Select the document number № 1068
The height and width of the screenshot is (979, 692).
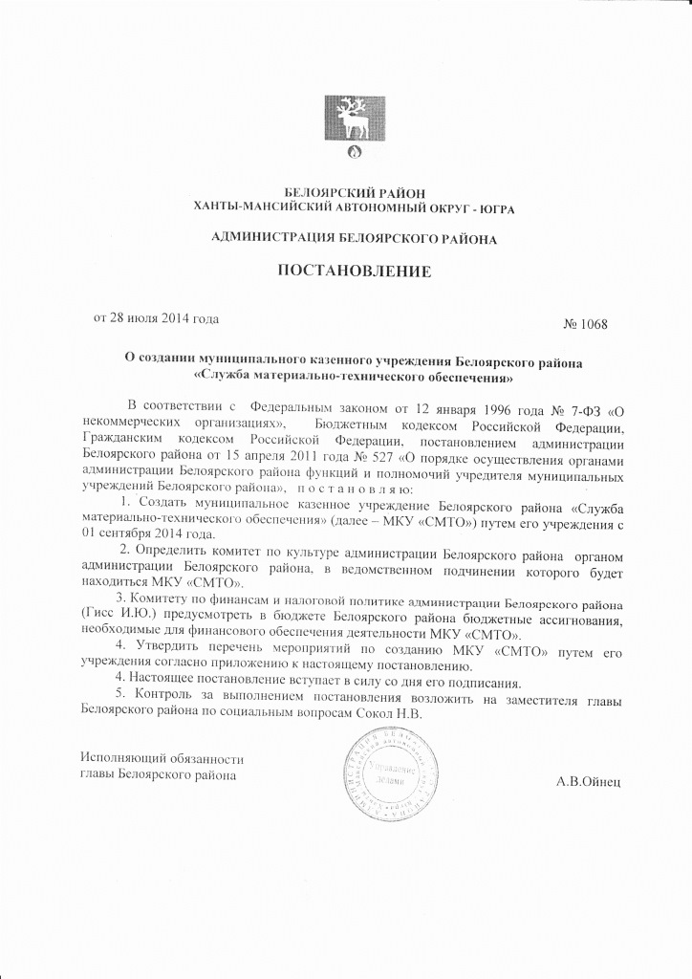[x=586, y=323]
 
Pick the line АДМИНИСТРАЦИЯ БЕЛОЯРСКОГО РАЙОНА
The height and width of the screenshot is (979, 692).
[x=354, y=236]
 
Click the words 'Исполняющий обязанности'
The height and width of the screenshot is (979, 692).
[x=157, y=757]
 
